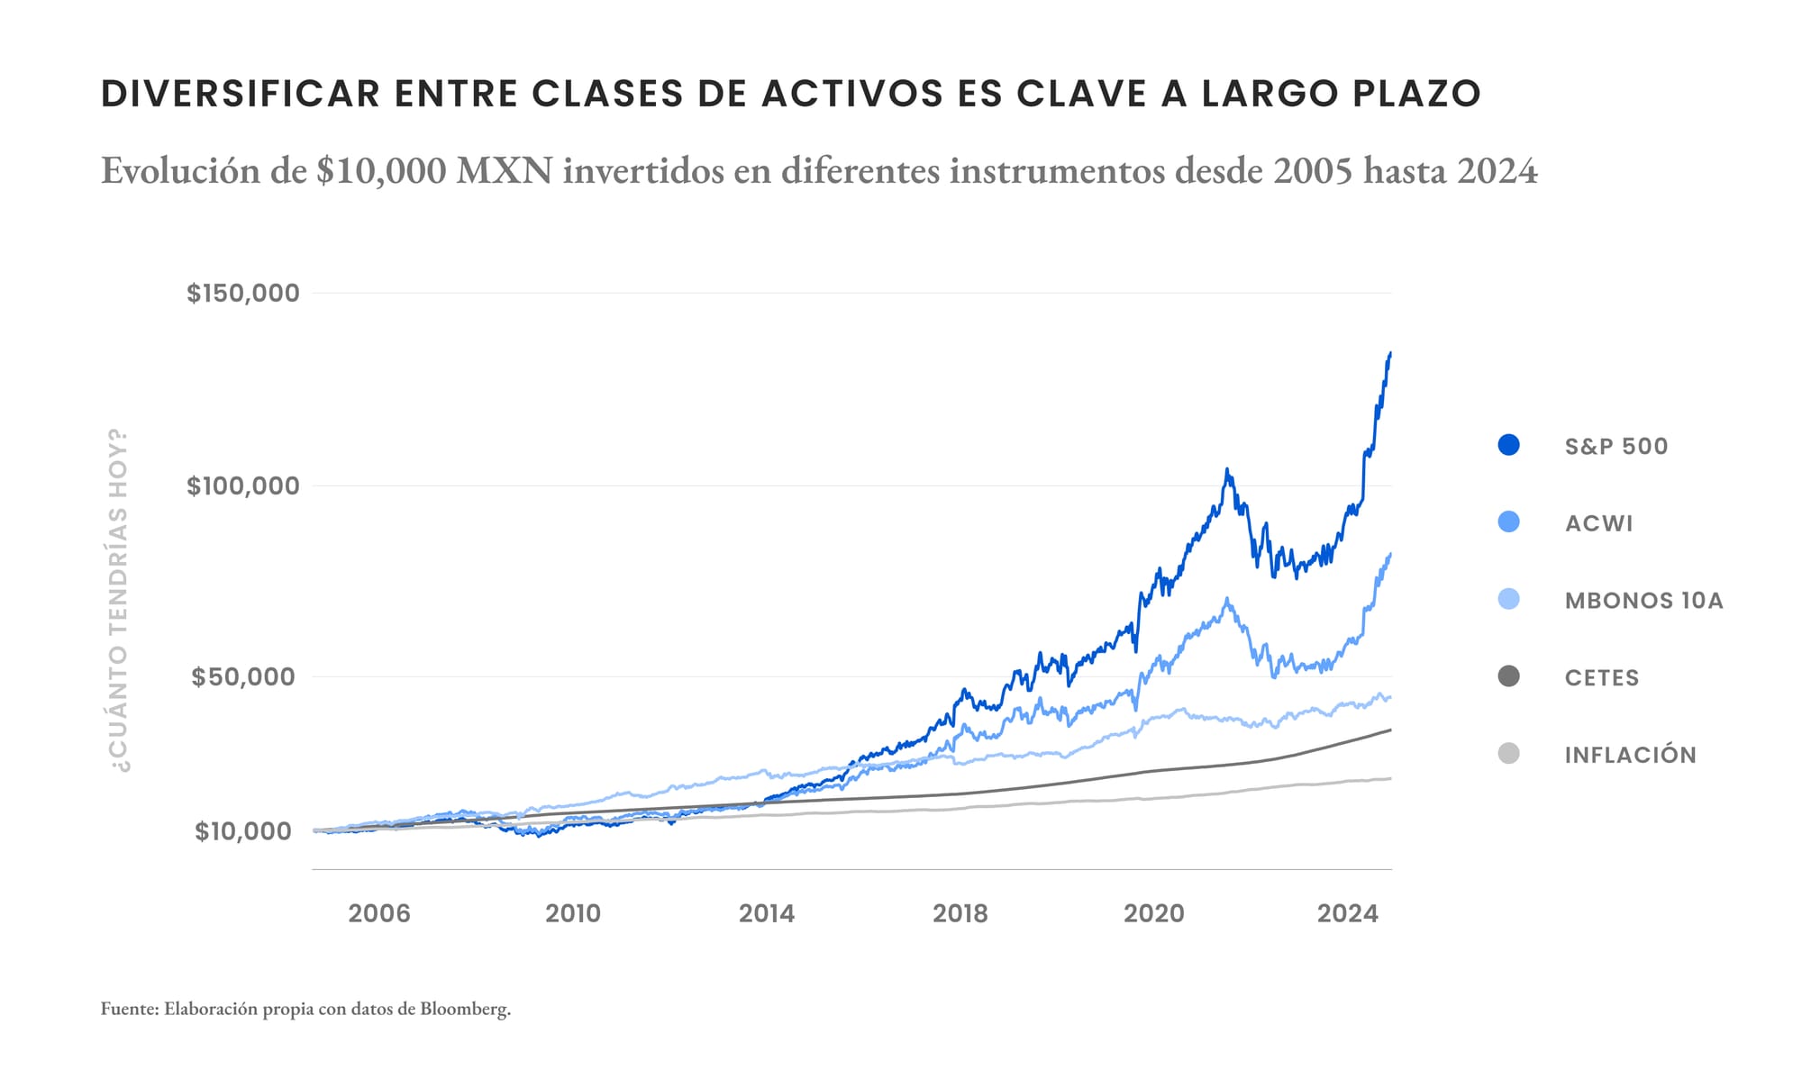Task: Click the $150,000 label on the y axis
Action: click(x=242, y=293)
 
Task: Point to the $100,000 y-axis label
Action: click(x=242, y=485)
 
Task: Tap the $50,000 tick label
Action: click(x=244, y=676)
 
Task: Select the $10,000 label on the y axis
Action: click(x=243, y=830)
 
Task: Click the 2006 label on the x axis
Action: click(x=378, y=913)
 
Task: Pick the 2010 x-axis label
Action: click(x=572, y=913)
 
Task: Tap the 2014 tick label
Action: click(x=766, y=913)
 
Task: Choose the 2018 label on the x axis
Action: click(x=960, y=913)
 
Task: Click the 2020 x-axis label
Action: click(x=1153, y=913)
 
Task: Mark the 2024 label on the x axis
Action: click(x=1347, y=913)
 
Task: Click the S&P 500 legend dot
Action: click(x=1508, y=445)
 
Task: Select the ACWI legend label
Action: click(x=1598, y=523)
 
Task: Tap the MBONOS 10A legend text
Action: click(x=1643, y=601)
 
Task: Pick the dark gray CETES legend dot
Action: click(x=1508, y=676)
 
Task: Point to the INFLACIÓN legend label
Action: click(x=1630, y=755)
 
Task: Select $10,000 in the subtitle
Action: click(x=380, y=170)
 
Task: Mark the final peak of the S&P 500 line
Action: click(x=1390, y=353)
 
